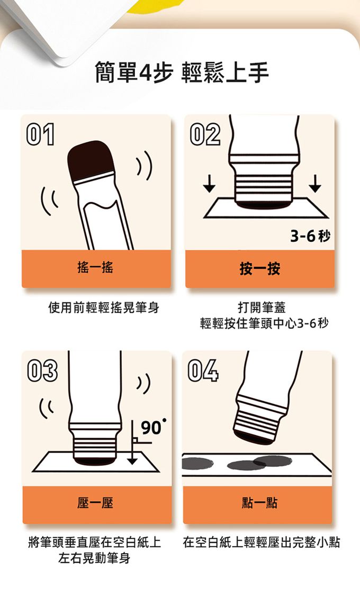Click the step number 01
click(x=40, y=134)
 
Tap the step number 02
click(x=205, y=134)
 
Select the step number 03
click(x=42, y=370)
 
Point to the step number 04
click(x=203, y=370)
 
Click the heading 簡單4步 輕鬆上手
click(x=182, y=73)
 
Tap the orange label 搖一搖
click(x=95, y=268)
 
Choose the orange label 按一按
click(x=260, y=268)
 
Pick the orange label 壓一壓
click(x=95, y=503)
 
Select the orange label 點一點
click(x=259, y=503)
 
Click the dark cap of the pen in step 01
click(x=91, y=160)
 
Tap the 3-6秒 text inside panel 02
click(x=310, y=237)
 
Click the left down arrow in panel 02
click(x=209, y=184)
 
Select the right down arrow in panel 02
click(x=314, y=184)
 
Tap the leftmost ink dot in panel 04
click(x=197, y=463)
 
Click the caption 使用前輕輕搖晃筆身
click(x=104, y=307)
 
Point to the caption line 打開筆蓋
click(x=262, y=307)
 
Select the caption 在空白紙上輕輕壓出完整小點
click(x=262, y=542)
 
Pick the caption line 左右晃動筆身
click(x=94, y=558)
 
